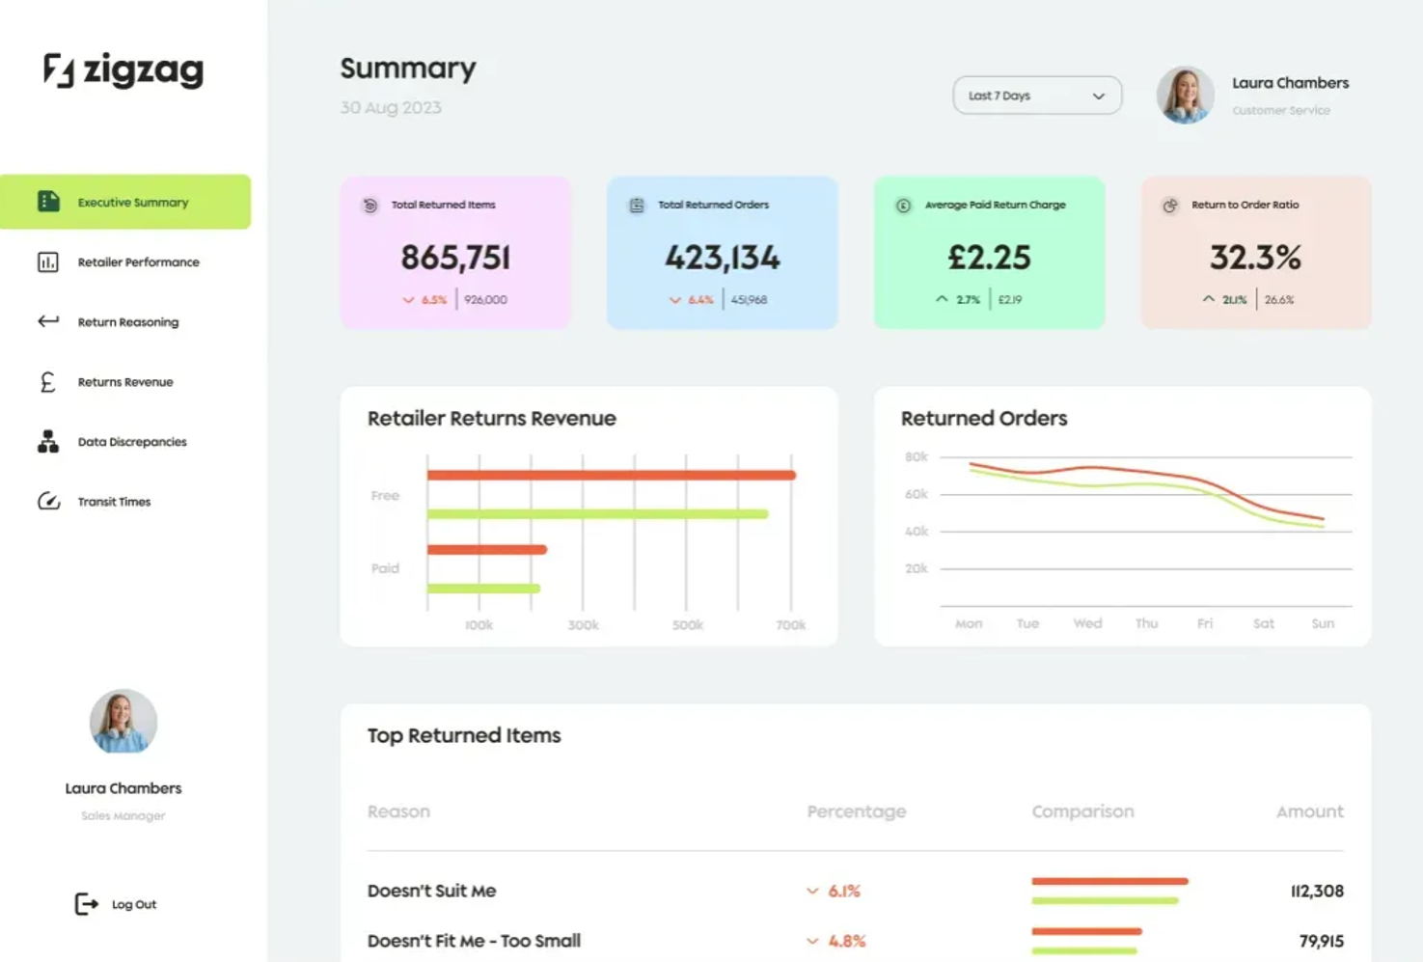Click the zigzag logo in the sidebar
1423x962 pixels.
click(x=123, y=70)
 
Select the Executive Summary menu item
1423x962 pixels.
click(x=132, y=203)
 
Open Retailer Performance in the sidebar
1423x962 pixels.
click(x=138, y=262)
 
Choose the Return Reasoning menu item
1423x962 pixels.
click(x=127, y=322)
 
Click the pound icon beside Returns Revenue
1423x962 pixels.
click(x=47, y=382)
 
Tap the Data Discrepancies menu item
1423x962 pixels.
click(x=131, y=442)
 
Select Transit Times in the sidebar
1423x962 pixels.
click(x=114, y=502)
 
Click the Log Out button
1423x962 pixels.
click(x=117, y=904)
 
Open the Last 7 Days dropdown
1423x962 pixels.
click(x=1036, y=96)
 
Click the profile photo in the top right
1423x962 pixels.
click(x=1185, y=95)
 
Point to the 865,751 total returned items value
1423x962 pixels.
click(x=455, y=258)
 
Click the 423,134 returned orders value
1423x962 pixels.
click(x=723, y=258)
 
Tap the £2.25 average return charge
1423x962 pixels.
click(x=989, y=258)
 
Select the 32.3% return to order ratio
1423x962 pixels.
click(x=1255, y=258)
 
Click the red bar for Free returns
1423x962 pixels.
click(x=611, y=475)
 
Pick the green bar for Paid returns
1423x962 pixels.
click(x=483, y=588)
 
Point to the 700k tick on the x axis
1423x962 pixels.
click(x=790, y=625)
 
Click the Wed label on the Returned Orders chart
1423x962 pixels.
click(x=1087, y=623)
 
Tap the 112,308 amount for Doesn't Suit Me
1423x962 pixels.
click(x=1317, y=891)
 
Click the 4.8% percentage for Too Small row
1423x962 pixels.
click(x=846, y=941)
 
